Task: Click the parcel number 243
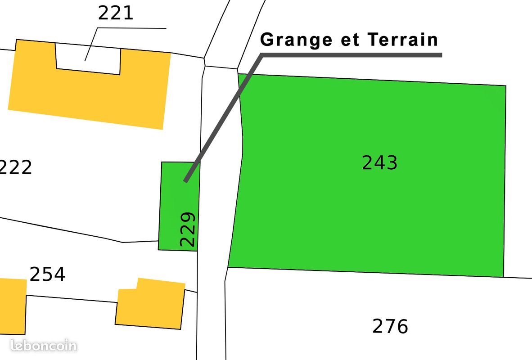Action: click(x=379, y=163)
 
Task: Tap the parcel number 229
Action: click(x=188, y=229)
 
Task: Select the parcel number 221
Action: click(x=116, y=13)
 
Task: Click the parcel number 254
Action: click(x=47, y=274)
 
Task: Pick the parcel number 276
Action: click(x=390, y=326)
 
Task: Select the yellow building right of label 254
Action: click(x=150, y=303)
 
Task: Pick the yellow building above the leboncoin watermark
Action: click(x=12, y=306)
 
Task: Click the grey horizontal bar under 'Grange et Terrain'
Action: click(x=351, y=55)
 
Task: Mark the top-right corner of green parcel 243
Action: click(x=505, y=85)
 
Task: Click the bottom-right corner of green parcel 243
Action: click(x=503, y=277)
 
